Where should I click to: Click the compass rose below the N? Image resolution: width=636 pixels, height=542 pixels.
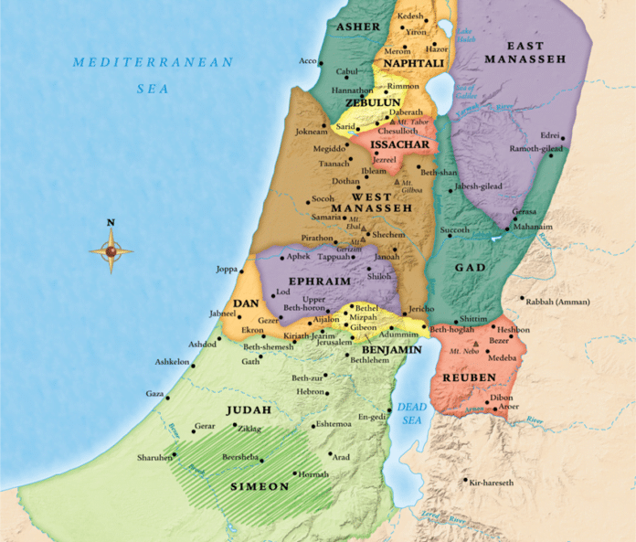coord(111,250)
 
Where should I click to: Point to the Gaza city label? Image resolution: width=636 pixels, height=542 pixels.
coord(154,393)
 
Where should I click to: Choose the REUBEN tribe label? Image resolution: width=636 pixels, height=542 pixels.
coord(469,377)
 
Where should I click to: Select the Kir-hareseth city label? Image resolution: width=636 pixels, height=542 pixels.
coord(501,482)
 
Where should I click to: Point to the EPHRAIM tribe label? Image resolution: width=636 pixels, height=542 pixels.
coord(314,282)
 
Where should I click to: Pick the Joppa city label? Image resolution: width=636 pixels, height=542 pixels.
coord(226,270)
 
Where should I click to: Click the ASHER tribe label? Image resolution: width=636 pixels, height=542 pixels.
coord(357,27)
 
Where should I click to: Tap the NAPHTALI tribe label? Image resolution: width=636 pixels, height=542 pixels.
coord(408,63)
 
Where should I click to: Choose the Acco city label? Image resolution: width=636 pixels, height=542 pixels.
coord(307,61)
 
